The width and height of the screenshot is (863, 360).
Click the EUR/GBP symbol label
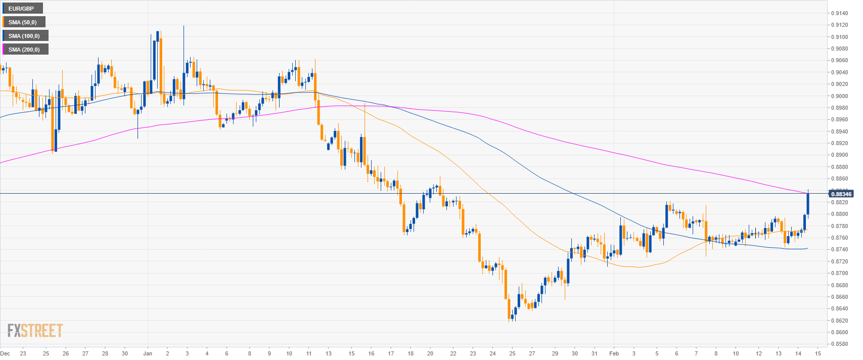tap(21, 9)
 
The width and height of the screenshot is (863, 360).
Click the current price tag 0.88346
tap(841, 194)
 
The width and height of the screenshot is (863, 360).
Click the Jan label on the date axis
tap(148, 353)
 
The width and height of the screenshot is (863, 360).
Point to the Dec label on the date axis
tap(5, 353)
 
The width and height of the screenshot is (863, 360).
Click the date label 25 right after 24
tap(512, 353)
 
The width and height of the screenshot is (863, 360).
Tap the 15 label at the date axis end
tap(817, 353)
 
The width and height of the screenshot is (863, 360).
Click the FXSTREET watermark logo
tap(35, 331)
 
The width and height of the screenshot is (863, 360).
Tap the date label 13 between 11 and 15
tap(328, 353)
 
